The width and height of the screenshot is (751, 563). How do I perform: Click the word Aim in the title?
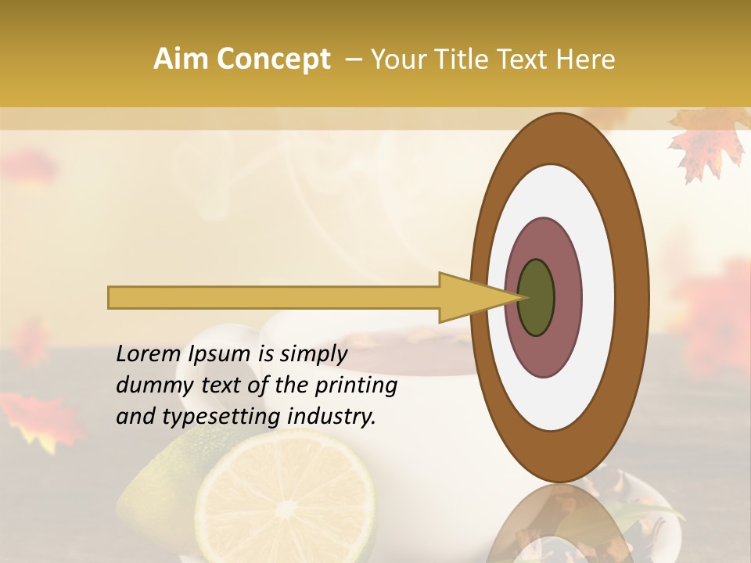point(181,59)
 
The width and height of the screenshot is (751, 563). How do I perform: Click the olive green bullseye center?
point(536,297)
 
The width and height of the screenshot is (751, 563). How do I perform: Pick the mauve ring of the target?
point(544,242)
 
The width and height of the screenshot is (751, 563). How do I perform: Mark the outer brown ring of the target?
point(560,138)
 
